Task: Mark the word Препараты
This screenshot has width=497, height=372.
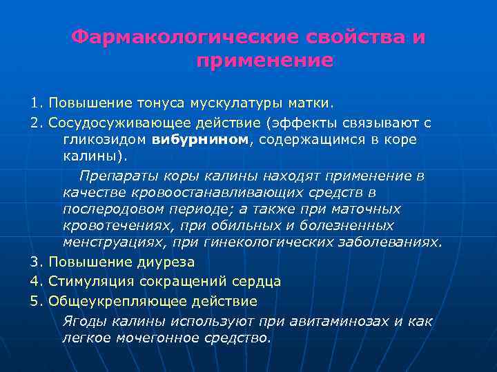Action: [x=115, y=176]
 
